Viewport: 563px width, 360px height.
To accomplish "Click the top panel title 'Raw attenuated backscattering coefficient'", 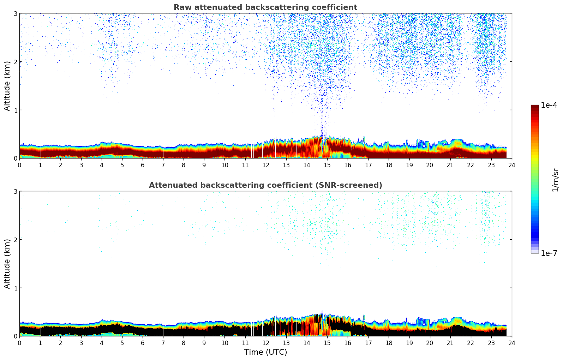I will click(x=265, y=7).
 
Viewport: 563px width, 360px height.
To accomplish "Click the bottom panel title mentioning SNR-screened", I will click(x=265, y=185).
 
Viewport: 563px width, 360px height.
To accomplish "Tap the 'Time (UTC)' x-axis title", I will click(x=265, y=352).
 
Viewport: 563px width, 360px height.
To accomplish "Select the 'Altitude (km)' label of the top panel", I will click(x=7, y=86).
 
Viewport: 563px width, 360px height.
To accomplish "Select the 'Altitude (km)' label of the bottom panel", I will click(x=7, y=264).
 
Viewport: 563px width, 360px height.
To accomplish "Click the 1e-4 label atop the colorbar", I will click(x=549, y=105).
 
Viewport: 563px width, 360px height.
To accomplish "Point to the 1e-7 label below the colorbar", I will click(x=549, y=253).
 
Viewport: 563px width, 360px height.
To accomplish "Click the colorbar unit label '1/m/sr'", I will click(x=556, y=180).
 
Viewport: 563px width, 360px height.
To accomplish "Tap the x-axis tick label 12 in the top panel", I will click(x=265, y=165).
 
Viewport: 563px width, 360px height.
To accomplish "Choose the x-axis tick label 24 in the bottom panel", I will click(x=511, y=343).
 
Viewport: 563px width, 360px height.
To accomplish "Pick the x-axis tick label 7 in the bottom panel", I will click(x=163, y=343).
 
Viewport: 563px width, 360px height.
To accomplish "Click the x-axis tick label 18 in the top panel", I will click(x=389, y=165).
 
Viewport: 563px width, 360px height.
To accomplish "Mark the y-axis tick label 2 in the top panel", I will click(x=15, y=62).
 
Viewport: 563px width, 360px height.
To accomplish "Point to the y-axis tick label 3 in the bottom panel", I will click(x=15, y=191).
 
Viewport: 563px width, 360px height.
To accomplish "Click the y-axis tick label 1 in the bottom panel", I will click(x=15, y=288).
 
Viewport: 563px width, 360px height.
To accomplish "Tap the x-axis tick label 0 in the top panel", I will click(x=19, y=165).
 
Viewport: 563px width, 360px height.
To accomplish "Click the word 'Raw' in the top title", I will click(x=181, y=7).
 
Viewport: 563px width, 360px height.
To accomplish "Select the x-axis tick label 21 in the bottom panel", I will click(x=450, y=343).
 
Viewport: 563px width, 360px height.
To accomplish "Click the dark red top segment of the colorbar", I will click(x=534, y=108).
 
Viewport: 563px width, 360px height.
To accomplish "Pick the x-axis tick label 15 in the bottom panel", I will click(x=327, y=343).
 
